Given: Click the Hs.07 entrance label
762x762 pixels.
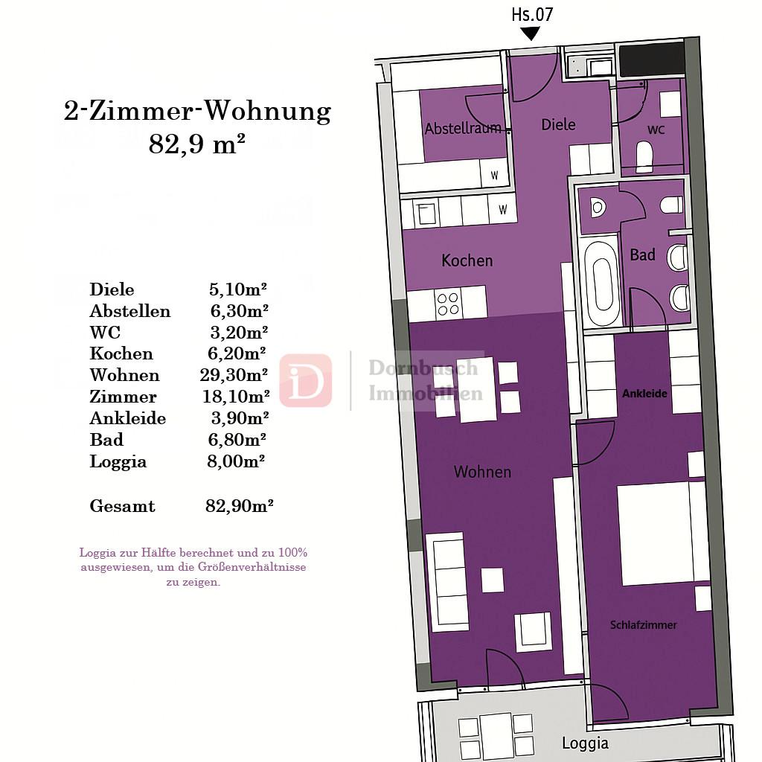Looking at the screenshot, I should pyautogui.click(x=532, y=14).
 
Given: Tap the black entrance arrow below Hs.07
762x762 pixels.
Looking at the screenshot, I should pyautogui.click(x=530, y=33).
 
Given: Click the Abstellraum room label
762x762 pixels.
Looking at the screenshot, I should pyautogui.click(x=462, y=129).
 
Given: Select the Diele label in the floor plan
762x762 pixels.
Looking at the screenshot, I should pyautogui.click(x=558, y=124).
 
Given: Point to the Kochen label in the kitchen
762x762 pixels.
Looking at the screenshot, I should pyautogui.click(x=467, y=260).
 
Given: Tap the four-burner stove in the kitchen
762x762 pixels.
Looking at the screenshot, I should pyautogui.click(x=447, y=304).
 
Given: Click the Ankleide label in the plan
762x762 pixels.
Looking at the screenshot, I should pyautogui.click(x=644, y=393).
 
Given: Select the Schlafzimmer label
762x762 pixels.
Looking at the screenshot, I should pyautogui.click(x=643, y=625).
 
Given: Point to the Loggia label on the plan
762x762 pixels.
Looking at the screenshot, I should pyautogui.click(x=585, y=743).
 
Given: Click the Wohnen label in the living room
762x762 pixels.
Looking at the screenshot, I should pyautogui.click(x=482, y=472).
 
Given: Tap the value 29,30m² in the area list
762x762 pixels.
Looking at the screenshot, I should pyautogui.click(x=234, y=375).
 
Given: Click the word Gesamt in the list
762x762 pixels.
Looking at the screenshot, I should pyautogui.click(x=122, y=506).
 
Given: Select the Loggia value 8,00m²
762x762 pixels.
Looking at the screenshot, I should pyautogui.click(x=236, y=461).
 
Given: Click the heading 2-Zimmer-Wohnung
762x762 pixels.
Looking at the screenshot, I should pyautogui.click(x=197, y=112).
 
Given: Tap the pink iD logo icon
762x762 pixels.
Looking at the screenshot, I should pyautogui.click(x=306, y=381).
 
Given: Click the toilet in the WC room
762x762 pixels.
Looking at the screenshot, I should pyautogui.click(x=644, y=157).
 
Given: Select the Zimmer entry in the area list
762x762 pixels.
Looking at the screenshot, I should pyautogui.click(x=123, y=397).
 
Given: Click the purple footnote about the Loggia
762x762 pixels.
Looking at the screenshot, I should pyautogui.click(x=193, y=567).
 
